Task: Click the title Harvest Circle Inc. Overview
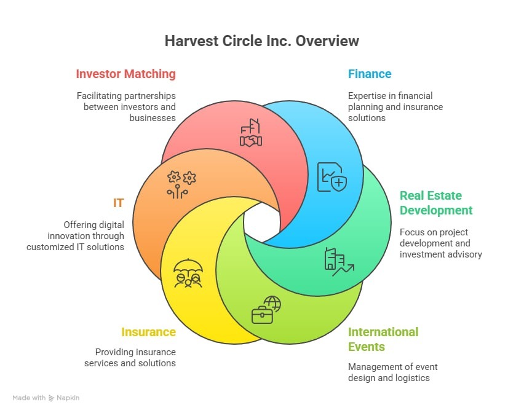coord(261,41)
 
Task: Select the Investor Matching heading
coord(125,74)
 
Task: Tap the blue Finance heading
coord(369,74)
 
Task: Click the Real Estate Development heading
coord(436,203)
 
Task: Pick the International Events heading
coord(383,339)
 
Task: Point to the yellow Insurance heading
coord(148,332)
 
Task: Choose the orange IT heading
coord(117,203)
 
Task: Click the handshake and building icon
coord(251,133)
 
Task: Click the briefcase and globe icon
coord(266,310)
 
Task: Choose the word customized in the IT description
coord(50,247)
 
